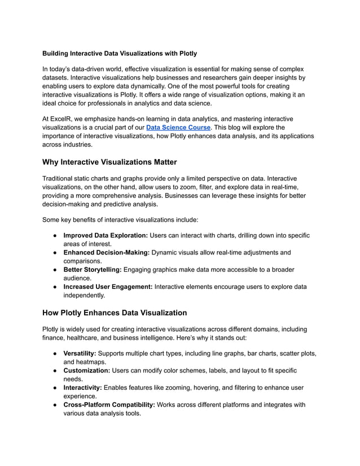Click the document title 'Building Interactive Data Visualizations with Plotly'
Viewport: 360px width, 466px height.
[x=120, y=54]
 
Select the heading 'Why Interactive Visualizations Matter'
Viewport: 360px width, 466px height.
[x=109, y=162]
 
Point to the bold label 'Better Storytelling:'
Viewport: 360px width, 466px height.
[x=92, y=270]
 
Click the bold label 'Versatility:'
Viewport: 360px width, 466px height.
[x=80, y=353]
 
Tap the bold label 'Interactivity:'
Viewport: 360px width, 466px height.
[x=84, y=388]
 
